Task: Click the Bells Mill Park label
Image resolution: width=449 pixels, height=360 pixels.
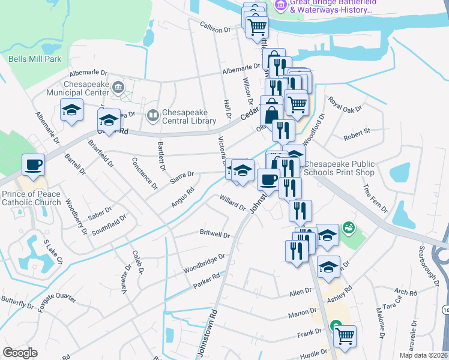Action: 35,59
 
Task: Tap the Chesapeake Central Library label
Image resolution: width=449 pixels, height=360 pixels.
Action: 188,116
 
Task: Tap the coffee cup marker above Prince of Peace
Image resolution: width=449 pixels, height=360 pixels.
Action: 33,164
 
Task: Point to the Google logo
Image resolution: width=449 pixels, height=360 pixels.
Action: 20,353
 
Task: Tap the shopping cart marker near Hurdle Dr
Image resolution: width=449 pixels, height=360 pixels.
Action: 345,337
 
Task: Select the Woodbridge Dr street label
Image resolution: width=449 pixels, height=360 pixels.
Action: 204,260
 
